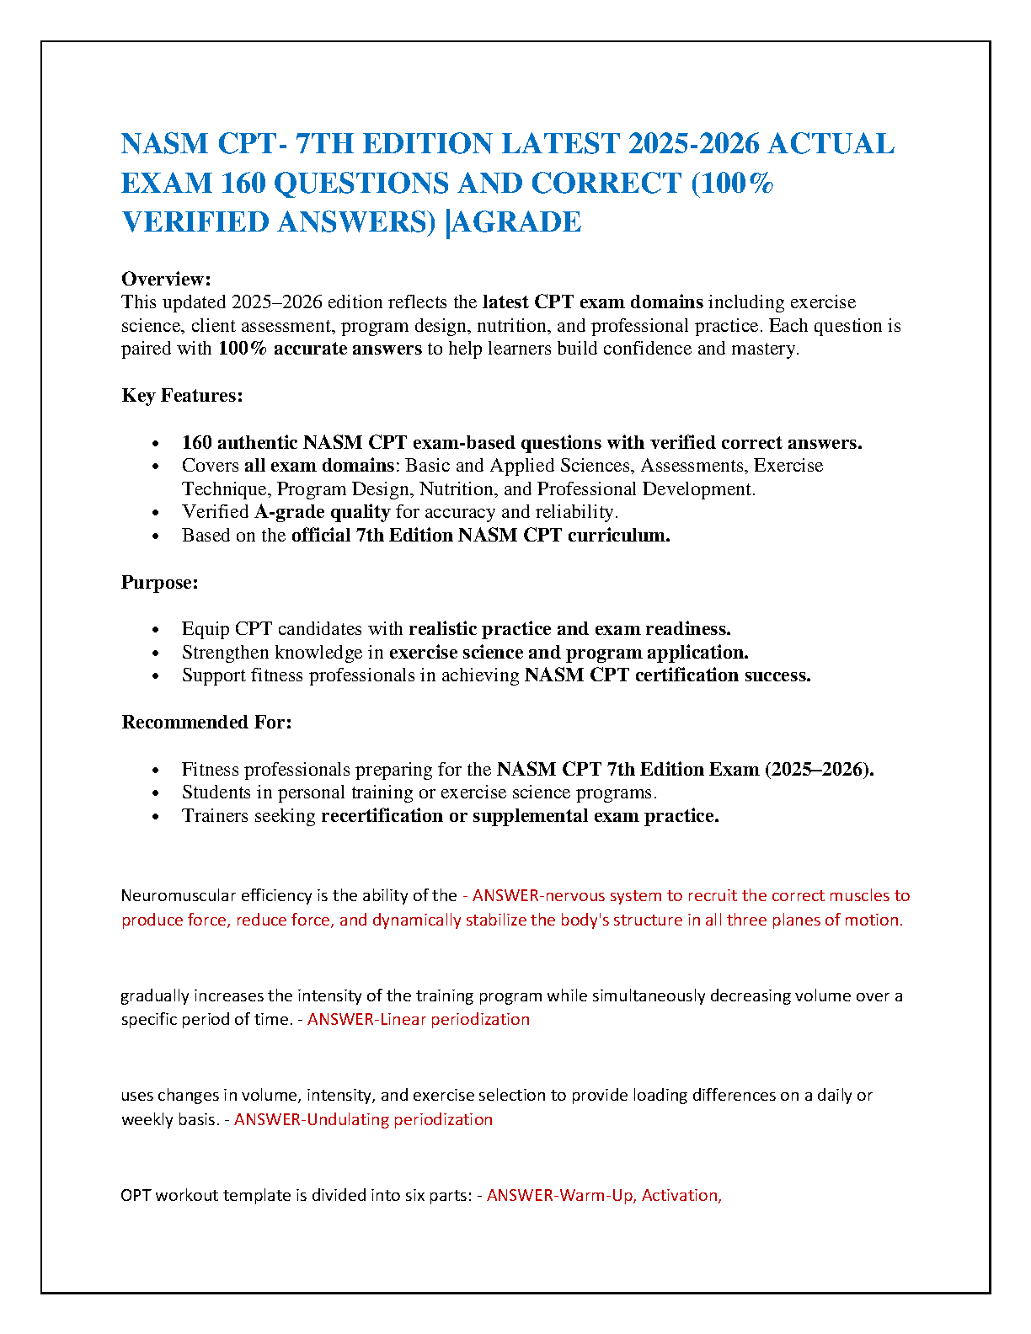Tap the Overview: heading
166,279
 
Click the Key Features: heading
182,396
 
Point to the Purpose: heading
160,583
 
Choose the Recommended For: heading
206,723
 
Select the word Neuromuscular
179,896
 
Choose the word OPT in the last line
136,1196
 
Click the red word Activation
681,1196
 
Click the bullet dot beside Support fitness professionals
155,676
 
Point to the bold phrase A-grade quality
323,512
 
